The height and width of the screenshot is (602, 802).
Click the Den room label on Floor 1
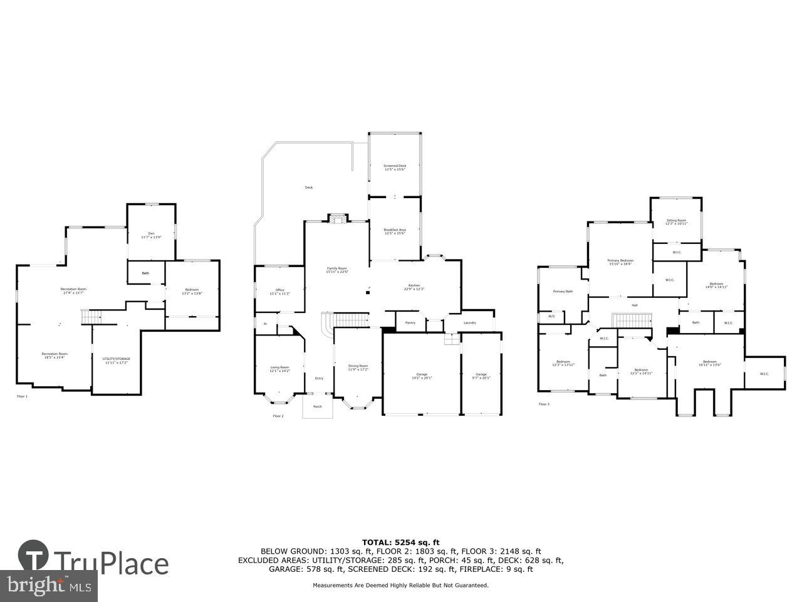pyautogui.click(x=151, y=235)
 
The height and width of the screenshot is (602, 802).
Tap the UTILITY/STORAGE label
pyautogui.click(x=117, y=361)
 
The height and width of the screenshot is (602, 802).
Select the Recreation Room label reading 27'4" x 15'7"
pyautogui.click(x=73, y=291)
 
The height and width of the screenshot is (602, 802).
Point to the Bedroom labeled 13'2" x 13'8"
pyautogui.click(x=192, y=291)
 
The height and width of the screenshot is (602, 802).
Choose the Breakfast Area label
pyautogui.click(x=395, y=232)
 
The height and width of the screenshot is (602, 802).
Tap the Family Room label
pyautogui.click(x=337, y=270)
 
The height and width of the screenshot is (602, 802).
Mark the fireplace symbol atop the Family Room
pyautogui.click(x=338, y=218)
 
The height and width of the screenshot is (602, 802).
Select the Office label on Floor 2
pyautogui.click(x=280, y=292)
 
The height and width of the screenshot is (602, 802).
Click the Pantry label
pyautogui.click(x=410, y=323)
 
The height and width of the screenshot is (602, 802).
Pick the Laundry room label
pyautogui.click(x=470, y=323)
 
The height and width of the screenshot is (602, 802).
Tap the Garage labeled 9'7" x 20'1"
pyautogui.click(x=481, y=376)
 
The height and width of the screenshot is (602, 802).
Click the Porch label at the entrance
pyautogui.click(x=318, y=406)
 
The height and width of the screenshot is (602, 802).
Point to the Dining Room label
pyautogui.click(x=358, y=367)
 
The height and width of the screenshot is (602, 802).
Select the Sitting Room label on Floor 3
pyautogui.click(x=676, y=222)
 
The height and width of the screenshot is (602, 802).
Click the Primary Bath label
pyautogui.click(x=563, y=291)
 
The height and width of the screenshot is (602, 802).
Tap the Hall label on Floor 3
pyautogui.click(x=634, y=305)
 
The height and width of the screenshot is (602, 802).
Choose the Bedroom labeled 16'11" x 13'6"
pyautogui.click(x=709, y=363)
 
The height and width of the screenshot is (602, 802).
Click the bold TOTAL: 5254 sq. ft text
pyautogui.click(x=401, y=542)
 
